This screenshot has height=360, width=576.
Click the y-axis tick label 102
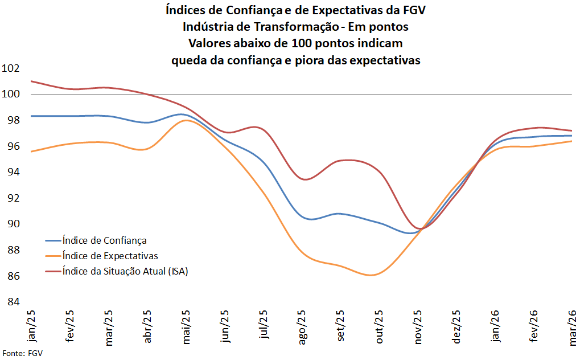[x=11, y=68]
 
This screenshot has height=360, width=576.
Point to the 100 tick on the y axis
[x=11, y=94]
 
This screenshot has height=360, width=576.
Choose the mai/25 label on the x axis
[x=186, y=326]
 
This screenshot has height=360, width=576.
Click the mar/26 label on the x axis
[x=571, y=326]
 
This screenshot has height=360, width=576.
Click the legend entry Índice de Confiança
[x=105, y=240]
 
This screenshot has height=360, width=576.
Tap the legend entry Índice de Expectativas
[x=110, y=256]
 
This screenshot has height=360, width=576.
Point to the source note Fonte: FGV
[x=23, y=353]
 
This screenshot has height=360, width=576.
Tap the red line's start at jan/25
[x=31, y=81]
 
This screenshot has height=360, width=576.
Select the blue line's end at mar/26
[x=571, y=136]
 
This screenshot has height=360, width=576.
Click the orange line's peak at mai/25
[x=186, y=120]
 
